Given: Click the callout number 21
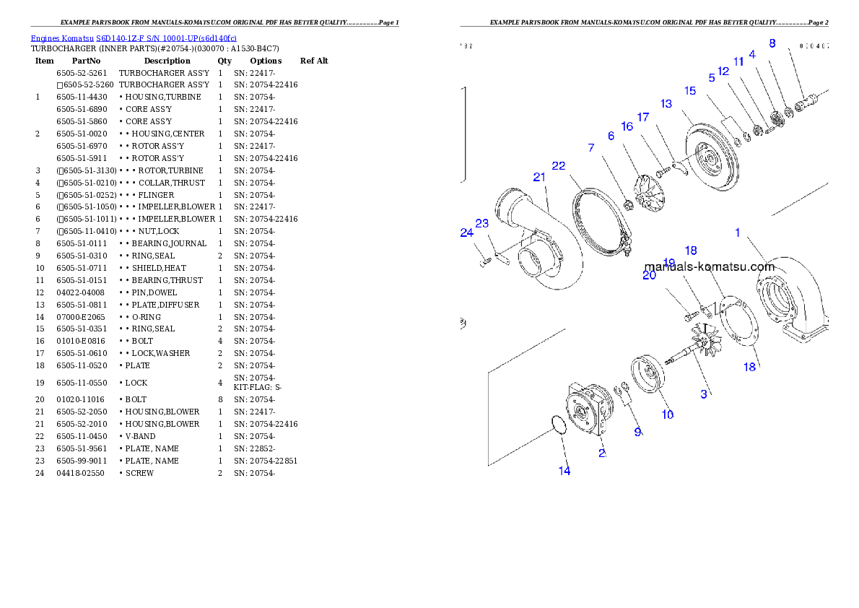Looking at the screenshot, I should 538,177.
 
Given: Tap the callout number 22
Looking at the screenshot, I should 559,165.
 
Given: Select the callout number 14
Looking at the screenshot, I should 564,471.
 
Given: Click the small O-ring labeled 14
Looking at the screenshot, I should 555,424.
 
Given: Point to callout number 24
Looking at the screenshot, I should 466,233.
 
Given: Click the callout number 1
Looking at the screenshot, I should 738,233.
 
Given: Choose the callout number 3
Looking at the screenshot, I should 704,394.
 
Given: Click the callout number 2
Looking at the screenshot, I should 601,453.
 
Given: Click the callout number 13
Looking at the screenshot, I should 666,104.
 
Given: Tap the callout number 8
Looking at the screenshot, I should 772,43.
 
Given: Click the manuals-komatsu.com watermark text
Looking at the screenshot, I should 709,266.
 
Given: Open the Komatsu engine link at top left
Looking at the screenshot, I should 134,38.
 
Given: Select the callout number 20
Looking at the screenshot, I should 649,275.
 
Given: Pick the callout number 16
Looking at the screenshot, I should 627,126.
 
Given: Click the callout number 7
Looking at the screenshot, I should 591,148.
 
